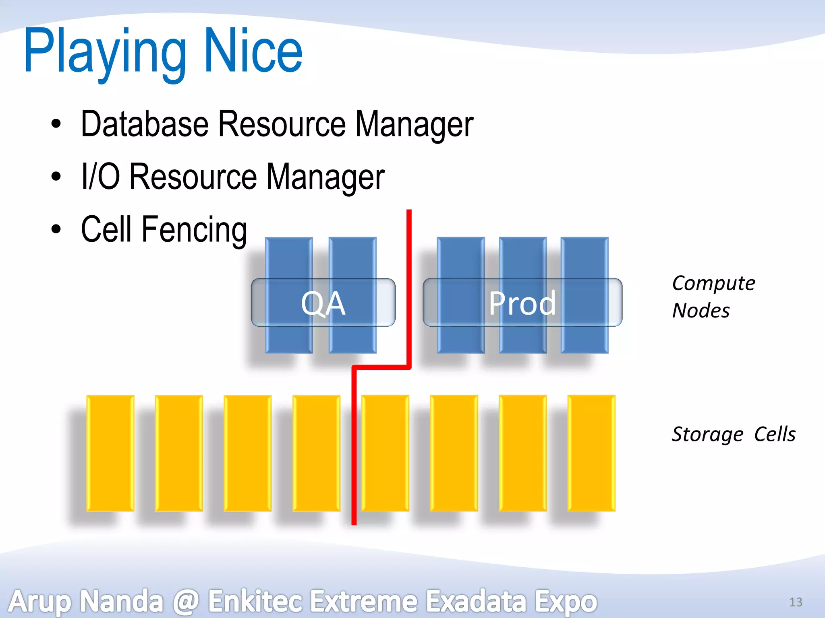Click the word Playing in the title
[x=105, y=52]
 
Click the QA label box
[x=323, y=303]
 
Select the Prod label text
[x=522, y=303]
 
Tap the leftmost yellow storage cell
[x=110, y=453]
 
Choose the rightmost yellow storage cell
[x=591, y=453]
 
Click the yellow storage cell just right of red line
[x=385, y=453]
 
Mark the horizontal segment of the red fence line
[x=381, y=367]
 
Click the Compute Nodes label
[x=713, y=297]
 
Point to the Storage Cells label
[x=733, y=434]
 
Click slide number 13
[x=795, y=602]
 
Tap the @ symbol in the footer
[x=186, y=601]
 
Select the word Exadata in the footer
[x=476, y=601]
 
